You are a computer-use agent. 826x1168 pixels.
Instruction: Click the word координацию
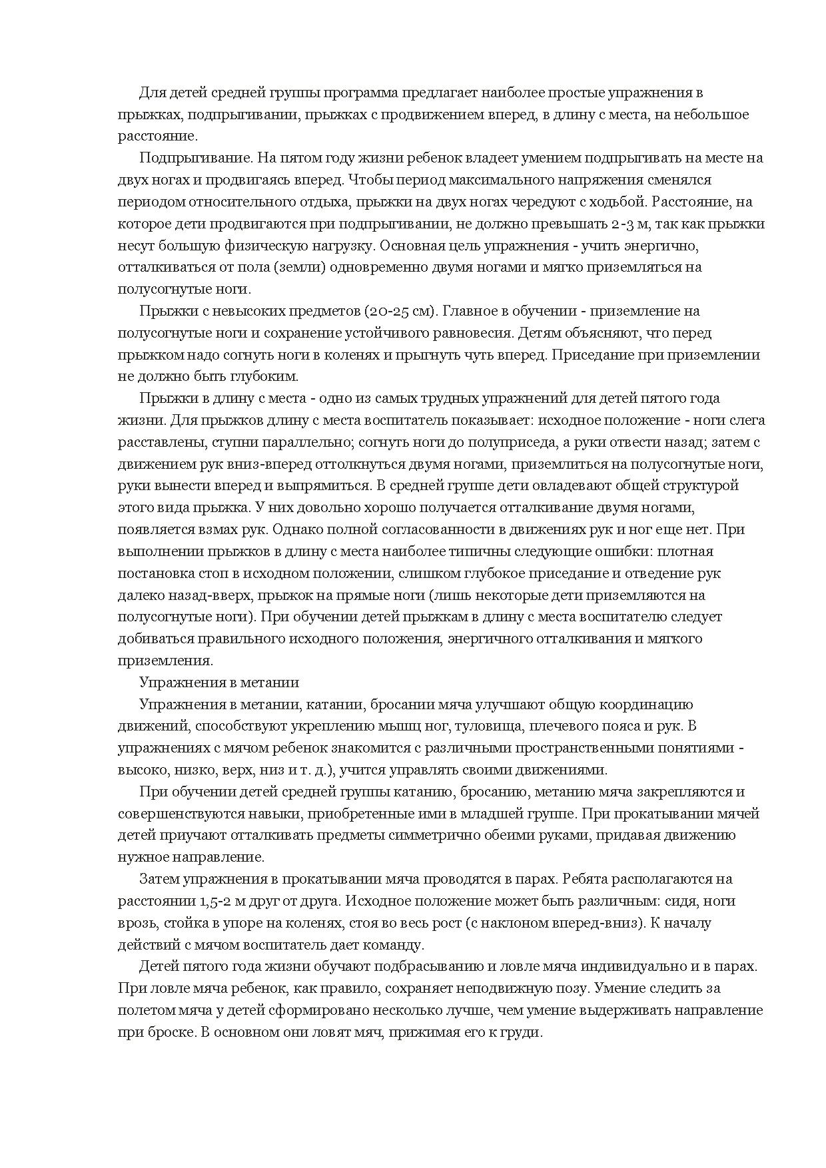647,705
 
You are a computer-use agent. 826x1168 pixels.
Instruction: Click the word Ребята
585,880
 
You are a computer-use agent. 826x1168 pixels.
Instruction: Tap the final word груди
525,1032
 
